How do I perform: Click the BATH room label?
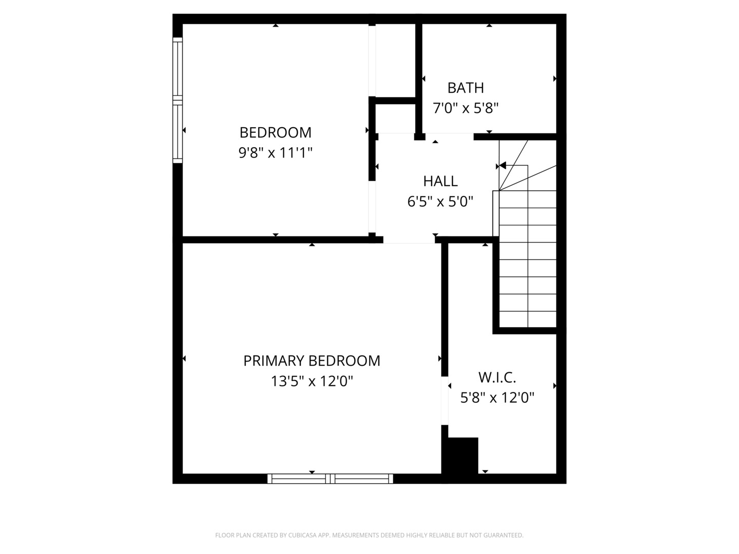(465, 88)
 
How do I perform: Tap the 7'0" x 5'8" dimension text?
(465, 108)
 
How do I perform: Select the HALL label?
(440, 181)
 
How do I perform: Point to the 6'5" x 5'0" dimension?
(440, 202)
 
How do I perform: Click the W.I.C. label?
(497, 378)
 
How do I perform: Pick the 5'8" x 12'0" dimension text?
(497, 398)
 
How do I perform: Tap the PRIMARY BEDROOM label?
(312, 361)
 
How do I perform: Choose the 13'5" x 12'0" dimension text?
(312, 382)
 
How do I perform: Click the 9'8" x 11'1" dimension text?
(276, 153)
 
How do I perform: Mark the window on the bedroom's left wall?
(178, 100)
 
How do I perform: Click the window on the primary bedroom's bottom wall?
(330, 479)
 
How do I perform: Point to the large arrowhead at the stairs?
(502, 166)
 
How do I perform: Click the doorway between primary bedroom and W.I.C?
(445, 401)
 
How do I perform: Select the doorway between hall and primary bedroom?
(409, 240)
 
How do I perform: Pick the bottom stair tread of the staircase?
(528, 319)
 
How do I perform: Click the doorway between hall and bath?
(450, 136)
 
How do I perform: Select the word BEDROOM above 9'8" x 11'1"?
(276, 132)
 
